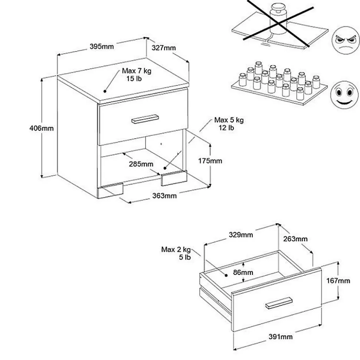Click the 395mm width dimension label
point(102,47)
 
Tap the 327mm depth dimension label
point(164,48)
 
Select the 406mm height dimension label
point(42,129)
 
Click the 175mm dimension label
point(210,161)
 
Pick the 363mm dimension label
point(165,195)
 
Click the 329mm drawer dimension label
point(240,235)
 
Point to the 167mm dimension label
point(338,281)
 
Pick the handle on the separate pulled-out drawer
point(279,303)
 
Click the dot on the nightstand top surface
point(105,91)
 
